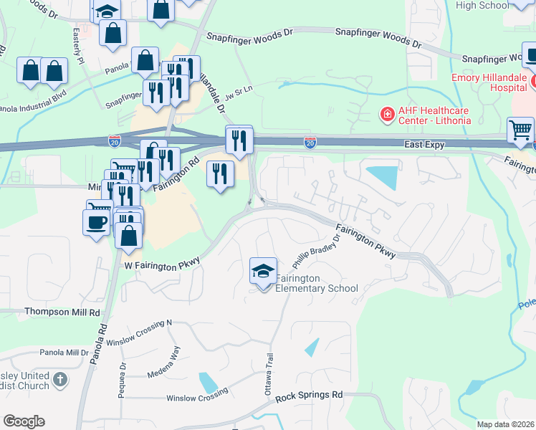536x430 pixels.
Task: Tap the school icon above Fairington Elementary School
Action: pos(264,272)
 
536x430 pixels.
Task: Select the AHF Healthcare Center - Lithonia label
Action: pos(434,115)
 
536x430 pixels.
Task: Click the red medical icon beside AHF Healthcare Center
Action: pos(387,114)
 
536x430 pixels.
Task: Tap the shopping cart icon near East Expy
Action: pos(521,130)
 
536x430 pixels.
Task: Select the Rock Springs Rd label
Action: pos(310,396)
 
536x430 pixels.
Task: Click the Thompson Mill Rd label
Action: pos(62,312)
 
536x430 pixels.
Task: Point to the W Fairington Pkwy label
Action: pos(161,266)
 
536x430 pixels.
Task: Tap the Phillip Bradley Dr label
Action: pos(315,252)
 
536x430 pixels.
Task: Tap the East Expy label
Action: pos(423,145)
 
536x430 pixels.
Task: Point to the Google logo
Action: pos(24,421)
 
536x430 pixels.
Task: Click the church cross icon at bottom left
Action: pos(60,379)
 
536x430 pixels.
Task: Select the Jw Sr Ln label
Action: pos(239,94)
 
